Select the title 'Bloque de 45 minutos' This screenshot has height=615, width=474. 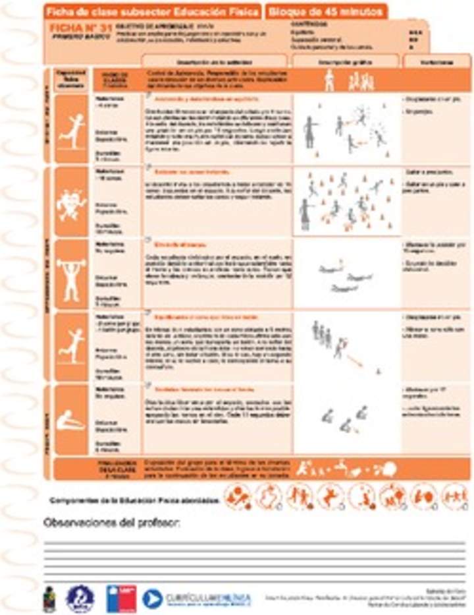click(327, 11)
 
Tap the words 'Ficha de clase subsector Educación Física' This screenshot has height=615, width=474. click(153, 11)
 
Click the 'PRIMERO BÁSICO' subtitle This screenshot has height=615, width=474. click(70, 38)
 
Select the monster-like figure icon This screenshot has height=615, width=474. click(70, 202)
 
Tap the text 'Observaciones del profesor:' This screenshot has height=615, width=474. click(113, 523)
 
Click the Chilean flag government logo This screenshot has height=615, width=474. click(122, 598)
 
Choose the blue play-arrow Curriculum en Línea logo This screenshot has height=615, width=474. click(152, 598)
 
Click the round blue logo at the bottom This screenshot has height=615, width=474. click(80, 598)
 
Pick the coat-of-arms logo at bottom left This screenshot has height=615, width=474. click(50, 599)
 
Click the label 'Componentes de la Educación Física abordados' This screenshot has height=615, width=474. click(134, 500)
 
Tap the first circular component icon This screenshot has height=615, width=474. click(238, 497)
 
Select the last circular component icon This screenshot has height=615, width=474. click(454, 497)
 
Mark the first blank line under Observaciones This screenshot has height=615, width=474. click(253, 542)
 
